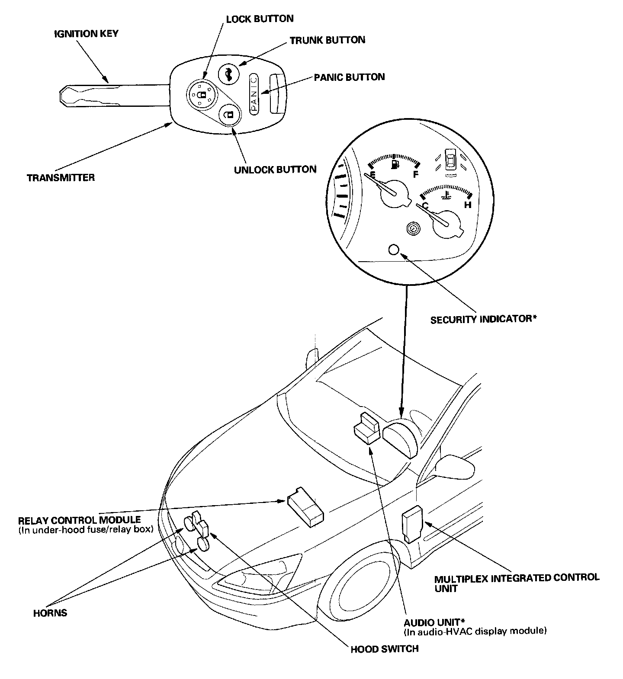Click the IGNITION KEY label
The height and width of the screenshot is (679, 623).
coord(86,33)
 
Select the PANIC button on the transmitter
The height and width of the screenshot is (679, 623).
coord(254,94)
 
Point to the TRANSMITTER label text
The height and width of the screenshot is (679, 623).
coord(61,177)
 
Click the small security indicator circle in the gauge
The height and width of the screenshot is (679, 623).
coord(394,250)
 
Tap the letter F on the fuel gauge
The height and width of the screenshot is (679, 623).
coord(416,174)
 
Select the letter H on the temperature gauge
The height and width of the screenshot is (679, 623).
coord(468,205)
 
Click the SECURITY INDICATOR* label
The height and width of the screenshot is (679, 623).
coord(484,320)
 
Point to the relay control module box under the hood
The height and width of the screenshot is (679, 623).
coord(306,506)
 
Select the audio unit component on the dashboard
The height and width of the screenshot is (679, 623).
coord(367,428)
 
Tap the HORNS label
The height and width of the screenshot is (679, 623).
coord(50,613)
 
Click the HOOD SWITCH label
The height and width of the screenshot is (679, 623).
coord(384,649)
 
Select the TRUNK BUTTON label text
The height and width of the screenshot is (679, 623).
coord(328,40)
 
